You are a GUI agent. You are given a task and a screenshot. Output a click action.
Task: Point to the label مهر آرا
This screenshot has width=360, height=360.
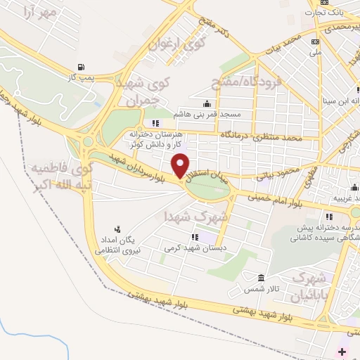pyautogui.click(x=39, y=12)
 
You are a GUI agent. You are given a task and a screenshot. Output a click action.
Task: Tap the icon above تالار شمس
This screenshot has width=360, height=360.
pyautogui.click(x=261, y=278)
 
